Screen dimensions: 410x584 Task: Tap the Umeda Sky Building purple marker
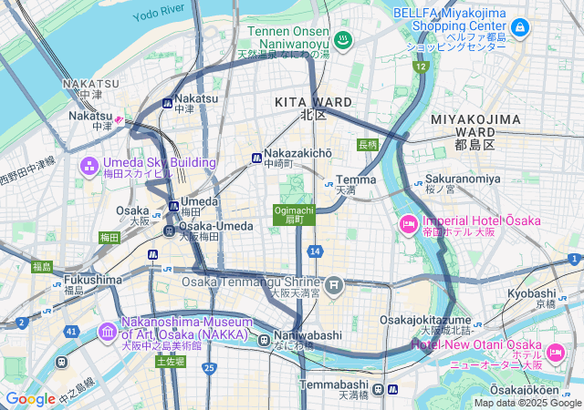click(90, 166)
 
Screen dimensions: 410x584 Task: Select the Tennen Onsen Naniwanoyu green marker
click(342, 39)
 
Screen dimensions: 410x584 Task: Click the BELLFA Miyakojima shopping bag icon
click(519, 29)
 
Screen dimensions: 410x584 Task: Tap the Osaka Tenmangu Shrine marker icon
click(335, 284)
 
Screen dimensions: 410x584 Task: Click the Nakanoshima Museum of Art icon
click(108, 330)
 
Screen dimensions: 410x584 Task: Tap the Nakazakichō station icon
click(256, 159)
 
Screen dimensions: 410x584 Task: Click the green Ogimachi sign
click(294, 213)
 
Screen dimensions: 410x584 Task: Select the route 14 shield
click(315, 250)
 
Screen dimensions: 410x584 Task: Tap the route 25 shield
click(209, 367)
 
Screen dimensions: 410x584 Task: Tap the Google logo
click(30, 398)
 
